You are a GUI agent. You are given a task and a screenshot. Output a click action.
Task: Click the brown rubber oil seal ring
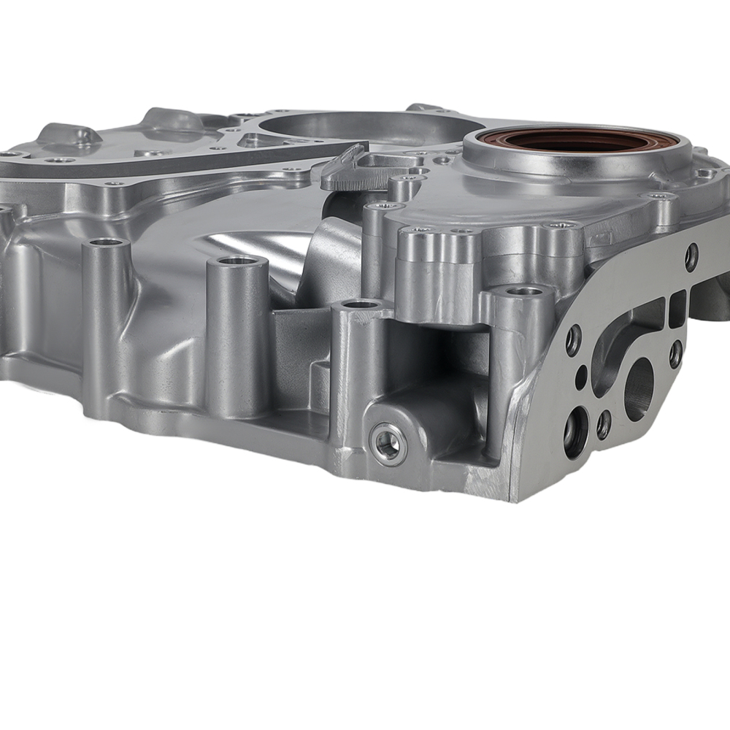coord(577,139)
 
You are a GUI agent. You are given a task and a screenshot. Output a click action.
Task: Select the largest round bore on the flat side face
coord(638,391)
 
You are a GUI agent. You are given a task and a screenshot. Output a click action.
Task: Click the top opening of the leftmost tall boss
coord(107,242)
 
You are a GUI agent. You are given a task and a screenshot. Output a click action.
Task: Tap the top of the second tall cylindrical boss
coord(237,261)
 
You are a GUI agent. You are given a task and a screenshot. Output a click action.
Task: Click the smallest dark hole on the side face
coord(581,379)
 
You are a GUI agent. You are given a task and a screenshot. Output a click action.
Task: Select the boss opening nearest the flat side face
coord(524,291)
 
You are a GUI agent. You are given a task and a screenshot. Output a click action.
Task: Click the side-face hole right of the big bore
coord(676,354)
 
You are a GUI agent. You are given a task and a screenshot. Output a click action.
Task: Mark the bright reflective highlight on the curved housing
coord(241,245)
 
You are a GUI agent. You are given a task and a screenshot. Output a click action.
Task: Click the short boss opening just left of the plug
coord(360,304)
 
